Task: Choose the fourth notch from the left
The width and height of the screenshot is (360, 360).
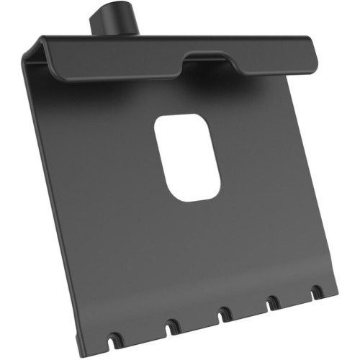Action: click(x=273, y=302)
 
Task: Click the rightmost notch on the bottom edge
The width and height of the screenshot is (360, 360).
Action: click(x=316, y=292)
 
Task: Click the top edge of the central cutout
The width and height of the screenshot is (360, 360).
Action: click(x=183, y=115)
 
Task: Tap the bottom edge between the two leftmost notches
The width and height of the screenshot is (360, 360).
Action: click(x=142, y=333)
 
